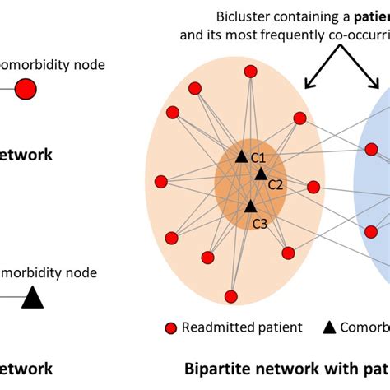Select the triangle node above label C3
pyautogui.click(x=250, y=206)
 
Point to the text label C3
pyautogui.click(x=259, y=223)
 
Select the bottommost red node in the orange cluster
pyautogui.click(x=231, y=296)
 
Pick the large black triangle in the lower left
pyautogui.click(x=32, y=296)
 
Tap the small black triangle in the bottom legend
pyautogui.click(x=329, y=327)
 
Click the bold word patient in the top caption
pyautogui.click(x=366, y=16)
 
